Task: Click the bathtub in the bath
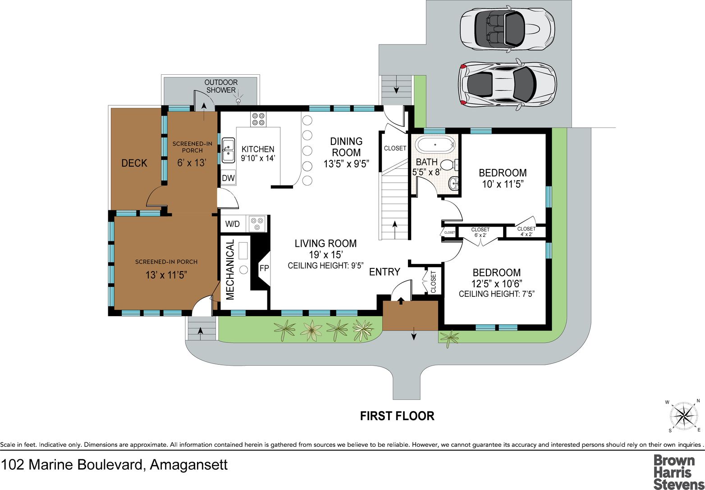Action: pos(435,145)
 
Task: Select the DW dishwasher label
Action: pos(228,178)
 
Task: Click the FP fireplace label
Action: pos(264,268)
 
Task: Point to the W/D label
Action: pos(233,224)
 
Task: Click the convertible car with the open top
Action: pos(507,28)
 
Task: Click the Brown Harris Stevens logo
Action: pos(674,472)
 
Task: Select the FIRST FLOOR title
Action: pos(397,416)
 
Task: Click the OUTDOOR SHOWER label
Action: pos(221,86)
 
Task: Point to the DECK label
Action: pos(134,163)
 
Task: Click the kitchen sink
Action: pos(228,150)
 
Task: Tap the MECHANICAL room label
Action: pos(230,269)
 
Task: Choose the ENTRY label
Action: pos(385,272)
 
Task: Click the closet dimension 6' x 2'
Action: pos(480,235)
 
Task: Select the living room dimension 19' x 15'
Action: pos(326,254)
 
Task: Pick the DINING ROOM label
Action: pos(346,147)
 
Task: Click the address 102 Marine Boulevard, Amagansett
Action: pos(114,464)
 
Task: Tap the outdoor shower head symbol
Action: pos(238,101)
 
